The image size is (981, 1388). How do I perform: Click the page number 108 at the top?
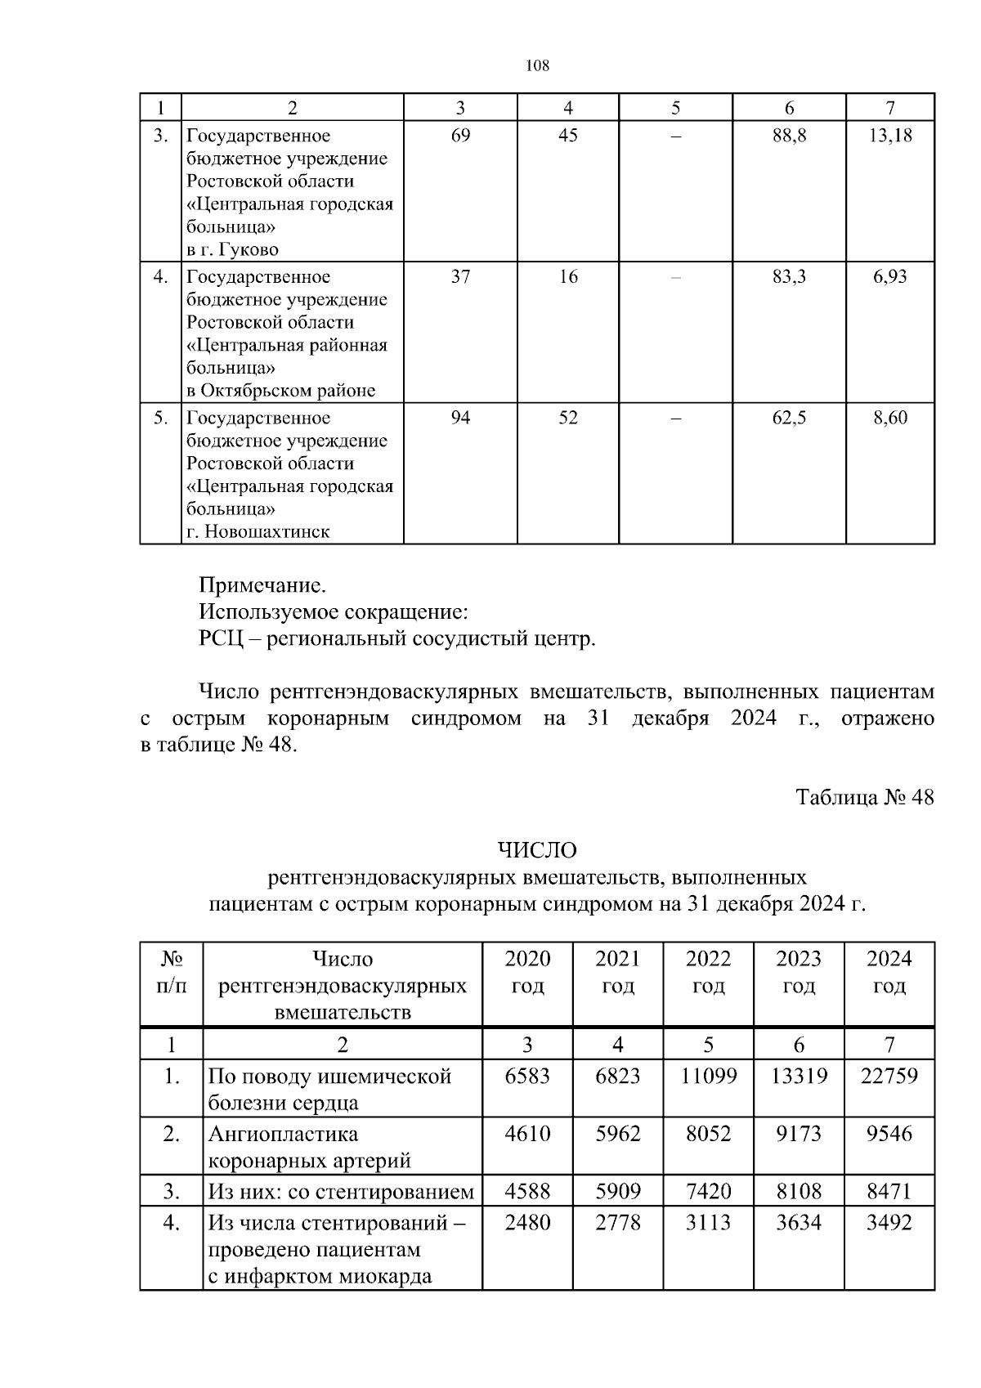tap(537, 66)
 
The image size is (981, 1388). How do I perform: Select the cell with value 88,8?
tap(789, 136)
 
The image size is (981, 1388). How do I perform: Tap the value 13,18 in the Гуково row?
tap(890, 136)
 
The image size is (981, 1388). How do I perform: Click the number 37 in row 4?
tap(460, 277)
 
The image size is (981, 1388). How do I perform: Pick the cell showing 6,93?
tap(889, 277)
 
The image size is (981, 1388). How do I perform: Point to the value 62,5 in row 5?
tap(789, 419)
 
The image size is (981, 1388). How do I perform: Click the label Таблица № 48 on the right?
tap(864, 798)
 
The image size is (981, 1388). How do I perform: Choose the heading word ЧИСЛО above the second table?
tap(537, 851)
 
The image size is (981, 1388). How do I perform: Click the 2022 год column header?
tap(708, 972)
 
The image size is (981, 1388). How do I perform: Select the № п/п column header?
tap(171, 972)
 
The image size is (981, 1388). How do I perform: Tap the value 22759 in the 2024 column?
tap(889, 1076)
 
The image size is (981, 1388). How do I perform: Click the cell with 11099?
tap(708, 1076)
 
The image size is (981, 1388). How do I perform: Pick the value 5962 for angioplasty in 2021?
tap(618, 1134)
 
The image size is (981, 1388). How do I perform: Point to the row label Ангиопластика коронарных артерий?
tap(309, 1147)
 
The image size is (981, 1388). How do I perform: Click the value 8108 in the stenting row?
tap(798, 1191)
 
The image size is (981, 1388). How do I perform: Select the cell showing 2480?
tap(527, 1223)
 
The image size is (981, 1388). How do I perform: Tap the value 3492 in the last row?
tap(889, 1223)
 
